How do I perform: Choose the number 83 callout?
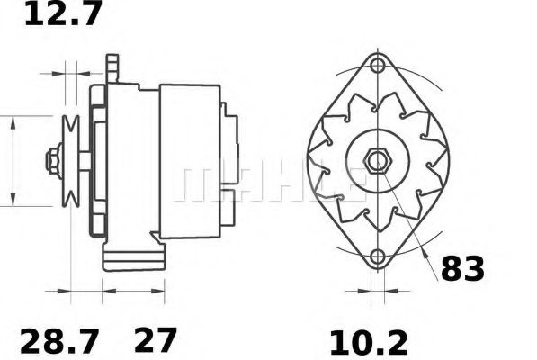pyautogui.click(x=462, y=269)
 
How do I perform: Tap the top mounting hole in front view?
pyautogui.click(x=377, y=67)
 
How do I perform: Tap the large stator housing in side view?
pyautogui.click(x=189, y=162)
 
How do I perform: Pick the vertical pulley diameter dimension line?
pyautogui.click(x=13, y=162)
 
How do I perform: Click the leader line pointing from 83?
pyautogui.click(x=409, y=216)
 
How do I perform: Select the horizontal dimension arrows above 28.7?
pyautogui.click(x=80, y=292)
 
